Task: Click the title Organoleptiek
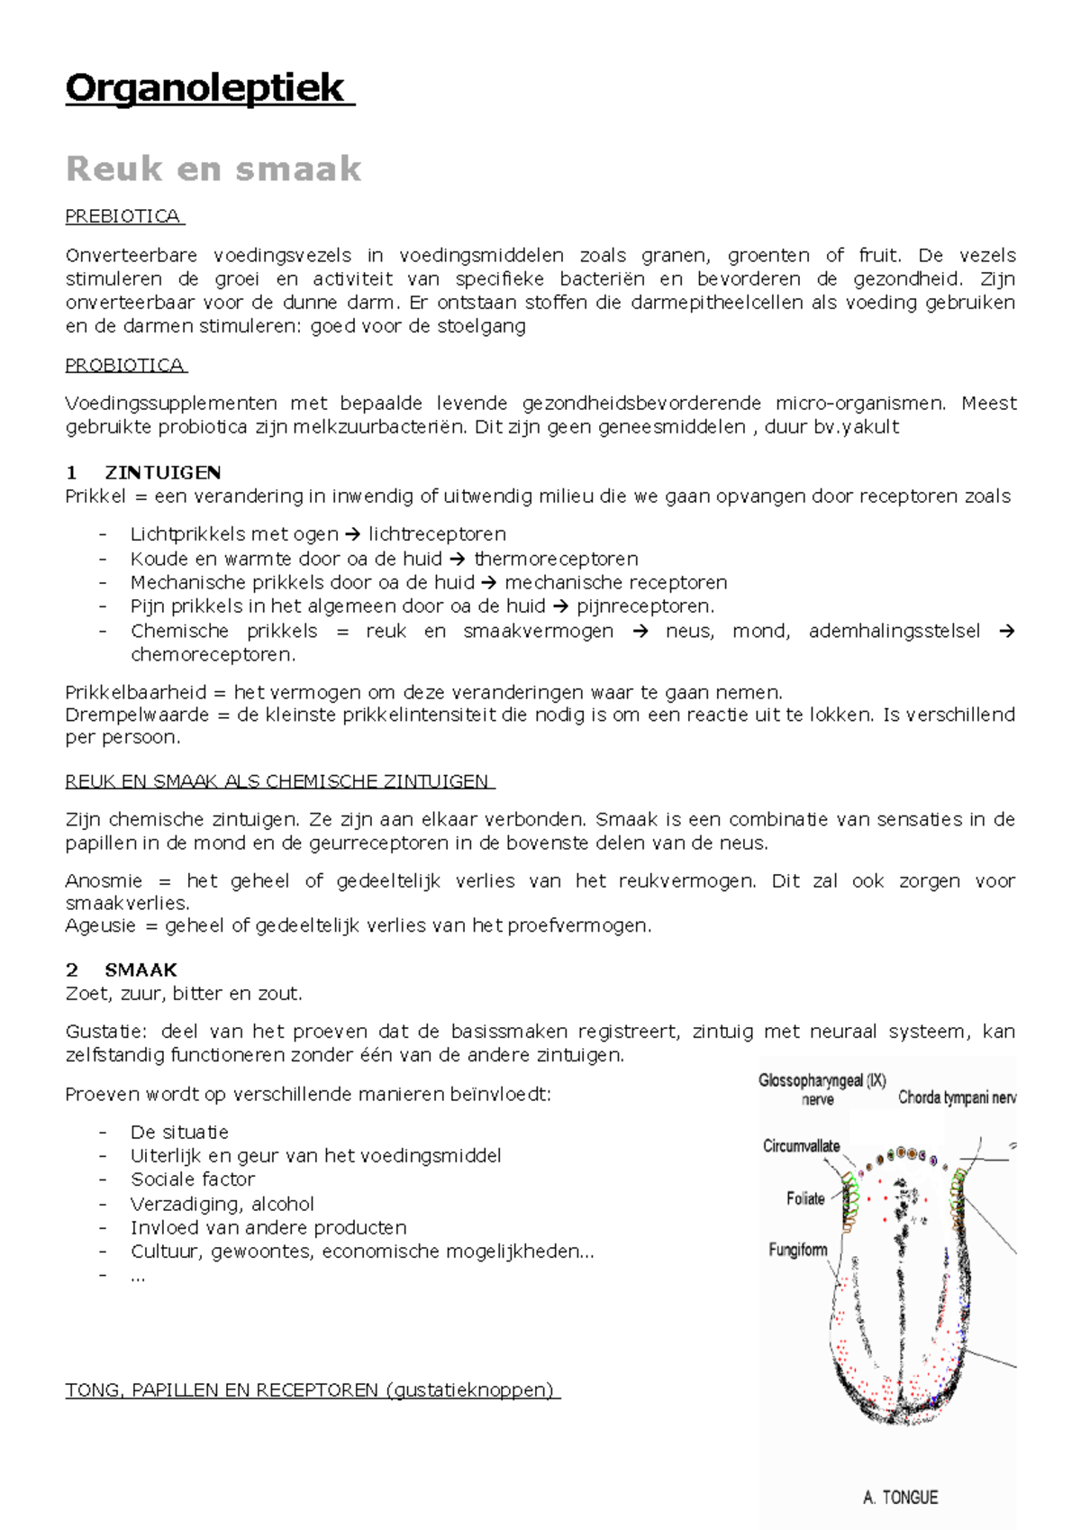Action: pyautogui.click(x=205, y=88)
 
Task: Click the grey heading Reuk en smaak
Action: pyautogui.click(x=213, y=168)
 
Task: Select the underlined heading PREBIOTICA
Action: pyautogui.click(x=123, y=216)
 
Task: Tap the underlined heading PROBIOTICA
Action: pyautogui.click(x=124, y=365)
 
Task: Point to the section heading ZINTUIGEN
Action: pyautogui.click(x=163, y=473)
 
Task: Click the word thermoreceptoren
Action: pyautogui.click(x=556, y=559)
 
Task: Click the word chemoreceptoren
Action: pyautogui.click(x=213, y=654)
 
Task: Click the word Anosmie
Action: pyautogui.click(x=104, y=880)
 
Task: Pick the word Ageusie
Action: pyautogui.click(x=100, y=925)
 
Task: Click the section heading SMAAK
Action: pyautogui.click(x=141, y=970)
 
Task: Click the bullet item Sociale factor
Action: pyautogui.click(x=193, y=1179)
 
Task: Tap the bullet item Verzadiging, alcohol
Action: pyautogui.click(x=223, y=1204)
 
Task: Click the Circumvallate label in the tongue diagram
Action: pyautogui.click(x=801, y=1146)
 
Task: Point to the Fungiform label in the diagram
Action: pyautogui.click(x=797, y=1250)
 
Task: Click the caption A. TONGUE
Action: pyautogui.click(x=900, y=1498)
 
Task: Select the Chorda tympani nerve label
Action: pyautogui.click(x=957, y=1097)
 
